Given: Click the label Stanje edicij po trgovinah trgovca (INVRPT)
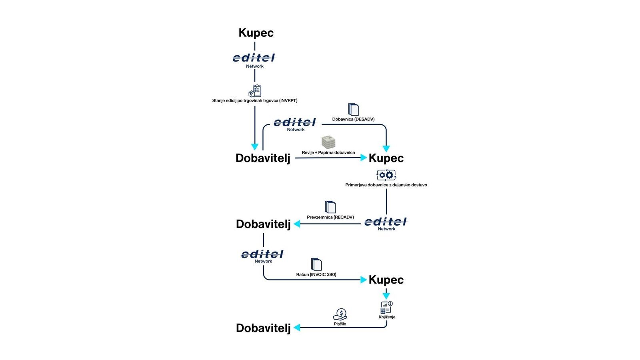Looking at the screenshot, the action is coord(254,100).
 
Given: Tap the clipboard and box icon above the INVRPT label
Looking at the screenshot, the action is coord(255,91).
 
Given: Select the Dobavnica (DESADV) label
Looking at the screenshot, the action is coord(353,119).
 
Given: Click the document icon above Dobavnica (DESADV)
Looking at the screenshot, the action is coord(354,110).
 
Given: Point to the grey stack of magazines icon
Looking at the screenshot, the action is coord(328,142).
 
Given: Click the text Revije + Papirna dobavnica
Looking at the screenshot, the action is coord(328,152).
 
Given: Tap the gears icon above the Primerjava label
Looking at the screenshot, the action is coord(386,175).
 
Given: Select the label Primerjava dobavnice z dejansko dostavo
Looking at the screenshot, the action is coord(386,185).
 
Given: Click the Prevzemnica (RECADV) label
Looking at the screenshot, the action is coord(330,217).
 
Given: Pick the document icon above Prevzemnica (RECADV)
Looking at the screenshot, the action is coord(330,207).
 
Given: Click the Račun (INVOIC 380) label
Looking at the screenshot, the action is coord(316,274).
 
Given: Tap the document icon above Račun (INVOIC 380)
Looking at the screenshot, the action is coord(316,264).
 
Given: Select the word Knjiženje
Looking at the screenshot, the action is coord(387,317).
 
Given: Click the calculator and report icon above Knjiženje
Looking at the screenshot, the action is coord(386,308).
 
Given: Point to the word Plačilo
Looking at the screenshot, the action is coord(340,324).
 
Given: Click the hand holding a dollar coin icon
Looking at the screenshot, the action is coord(340,314).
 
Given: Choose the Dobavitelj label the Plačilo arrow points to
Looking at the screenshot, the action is coord(263,328).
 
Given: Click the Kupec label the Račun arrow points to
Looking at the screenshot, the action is coord(386,280).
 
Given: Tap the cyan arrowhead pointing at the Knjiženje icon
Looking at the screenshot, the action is coord(386,296).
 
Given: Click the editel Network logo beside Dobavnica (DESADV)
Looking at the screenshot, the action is coord(295,124).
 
